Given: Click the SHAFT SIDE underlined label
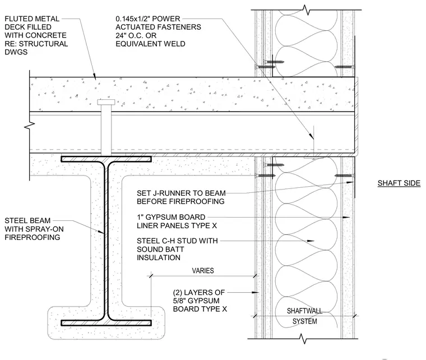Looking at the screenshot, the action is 399,183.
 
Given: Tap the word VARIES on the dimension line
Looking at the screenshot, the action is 203,271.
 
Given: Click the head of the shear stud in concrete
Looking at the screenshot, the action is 106,102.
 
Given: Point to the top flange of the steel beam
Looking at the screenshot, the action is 106,159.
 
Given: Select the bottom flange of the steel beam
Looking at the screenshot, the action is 106,323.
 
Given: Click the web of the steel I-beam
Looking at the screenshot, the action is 106,241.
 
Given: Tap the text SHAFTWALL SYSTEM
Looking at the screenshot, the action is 304,316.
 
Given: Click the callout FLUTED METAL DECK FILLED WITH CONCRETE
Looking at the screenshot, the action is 36,35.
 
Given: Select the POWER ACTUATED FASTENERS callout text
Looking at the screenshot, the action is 159,31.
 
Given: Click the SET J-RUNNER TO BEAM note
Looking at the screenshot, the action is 181,197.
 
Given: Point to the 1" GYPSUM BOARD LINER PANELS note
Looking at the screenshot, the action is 177,221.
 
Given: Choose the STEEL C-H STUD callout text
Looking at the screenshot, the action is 177,249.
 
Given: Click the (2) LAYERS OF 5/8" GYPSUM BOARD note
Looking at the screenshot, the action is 200,301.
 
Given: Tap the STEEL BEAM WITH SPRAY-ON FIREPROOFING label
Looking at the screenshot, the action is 34,229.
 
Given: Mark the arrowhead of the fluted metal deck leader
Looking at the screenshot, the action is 95,77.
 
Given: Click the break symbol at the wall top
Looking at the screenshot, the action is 306,10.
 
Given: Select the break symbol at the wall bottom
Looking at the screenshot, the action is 303,339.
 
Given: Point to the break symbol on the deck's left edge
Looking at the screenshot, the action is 30,126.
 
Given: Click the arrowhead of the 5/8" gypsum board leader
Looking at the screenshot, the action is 255,292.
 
